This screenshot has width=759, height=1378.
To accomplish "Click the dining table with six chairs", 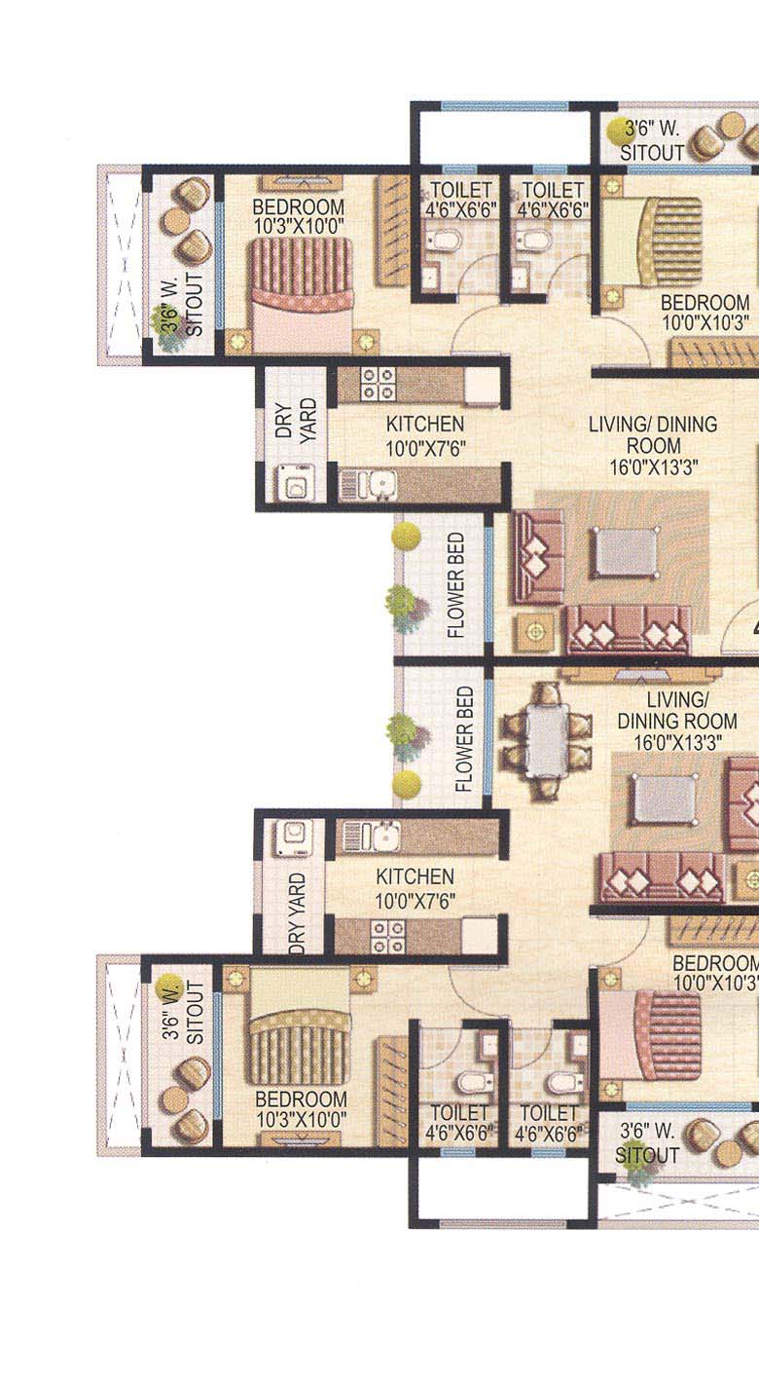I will [x=547, y=738].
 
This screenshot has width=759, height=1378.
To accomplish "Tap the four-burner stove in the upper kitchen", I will [x=379, y=384].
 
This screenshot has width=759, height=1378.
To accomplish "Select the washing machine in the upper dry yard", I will [x=294, y=482].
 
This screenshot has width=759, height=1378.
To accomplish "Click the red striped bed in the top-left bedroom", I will [x=301, y=292].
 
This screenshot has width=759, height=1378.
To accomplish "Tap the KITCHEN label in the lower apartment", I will [x=416, y=876].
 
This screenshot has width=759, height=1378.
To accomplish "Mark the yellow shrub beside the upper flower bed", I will [x=407, y=535].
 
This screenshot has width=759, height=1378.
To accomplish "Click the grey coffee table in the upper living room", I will [x=625, y=552].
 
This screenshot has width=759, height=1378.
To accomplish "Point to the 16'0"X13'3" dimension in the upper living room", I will [x=652, y=467].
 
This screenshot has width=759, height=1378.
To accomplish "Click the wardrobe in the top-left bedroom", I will [x=393, y=231].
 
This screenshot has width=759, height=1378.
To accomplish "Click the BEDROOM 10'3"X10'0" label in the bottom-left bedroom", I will [x=301, y=1109].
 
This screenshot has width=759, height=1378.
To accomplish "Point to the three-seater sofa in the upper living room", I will [x=628, y=628].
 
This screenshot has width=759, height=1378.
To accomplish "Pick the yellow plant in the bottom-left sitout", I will [x=169, y=987].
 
